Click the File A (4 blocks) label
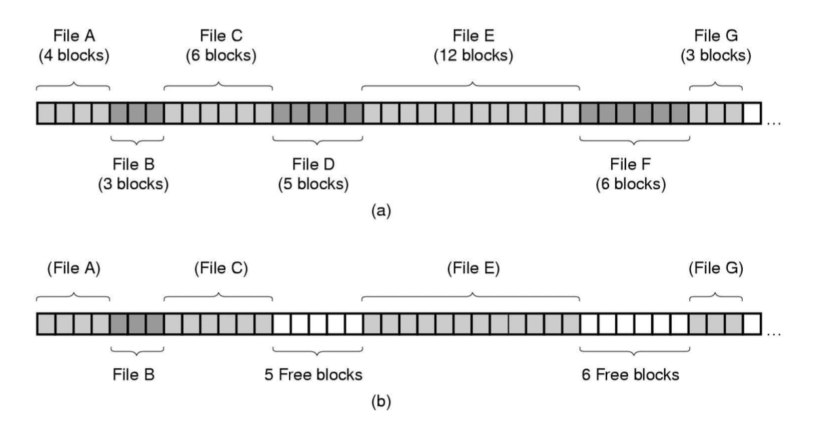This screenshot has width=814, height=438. (x=73, y=45)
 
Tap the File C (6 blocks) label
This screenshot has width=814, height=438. (x=220, y=45)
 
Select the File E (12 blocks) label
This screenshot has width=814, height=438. (x=473, y=45)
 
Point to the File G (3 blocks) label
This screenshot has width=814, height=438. (x=717, y=45)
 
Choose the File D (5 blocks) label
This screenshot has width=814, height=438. (x=317, y=174)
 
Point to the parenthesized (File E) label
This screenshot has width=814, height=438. (x=473, y=268)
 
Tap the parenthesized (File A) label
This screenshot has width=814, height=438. (x=73, y=268)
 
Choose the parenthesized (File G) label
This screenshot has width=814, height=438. (x=716, y=268)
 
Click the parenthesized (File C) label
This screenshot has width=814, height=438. (x=220, y=268)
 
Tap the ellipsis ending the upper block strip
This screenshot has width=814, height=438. (x=773, y=124)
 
